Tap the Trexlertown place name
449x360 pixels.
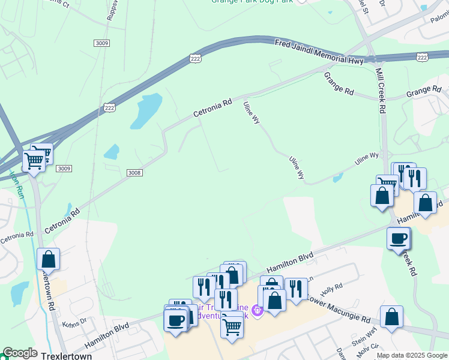(x=67, y=356)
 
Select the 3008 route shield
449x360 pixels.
(x=134, y=173)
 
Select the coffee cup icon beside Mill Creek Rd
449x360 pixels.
(x=399, y=239)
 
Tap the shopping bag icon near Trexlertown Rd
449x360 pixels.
(x=49, y=260)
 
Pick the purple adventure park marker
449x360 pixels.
(x=258, y=311)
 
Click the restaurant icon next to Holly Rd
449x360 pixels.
(x=296, y=289)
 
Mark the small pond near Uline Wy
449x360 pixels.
(x=337, y=178)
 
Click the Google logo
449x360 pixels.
(x=20, y=353)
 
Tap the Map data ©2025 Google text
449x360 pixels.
(x=412, y=356)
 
